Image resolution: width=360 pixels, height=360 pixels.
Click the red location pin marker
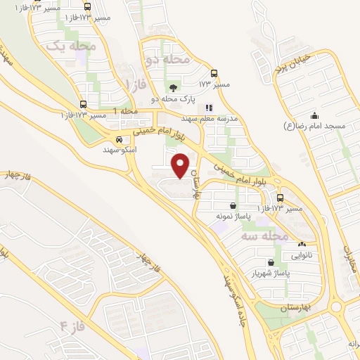click(x=181, y=165)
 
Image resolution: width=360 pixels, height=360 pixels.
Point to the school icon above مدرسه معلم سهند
click(x=209, y=108)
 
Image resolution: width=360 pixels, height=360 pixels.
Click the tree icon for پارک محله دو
click(x=173, y=88)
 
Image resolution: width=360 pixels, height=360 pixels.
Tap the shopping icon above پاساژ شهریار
click(x=271, y=262)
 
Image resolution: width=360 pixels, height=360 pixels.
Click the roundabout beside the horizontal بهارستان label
click(x=335, y=307)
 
